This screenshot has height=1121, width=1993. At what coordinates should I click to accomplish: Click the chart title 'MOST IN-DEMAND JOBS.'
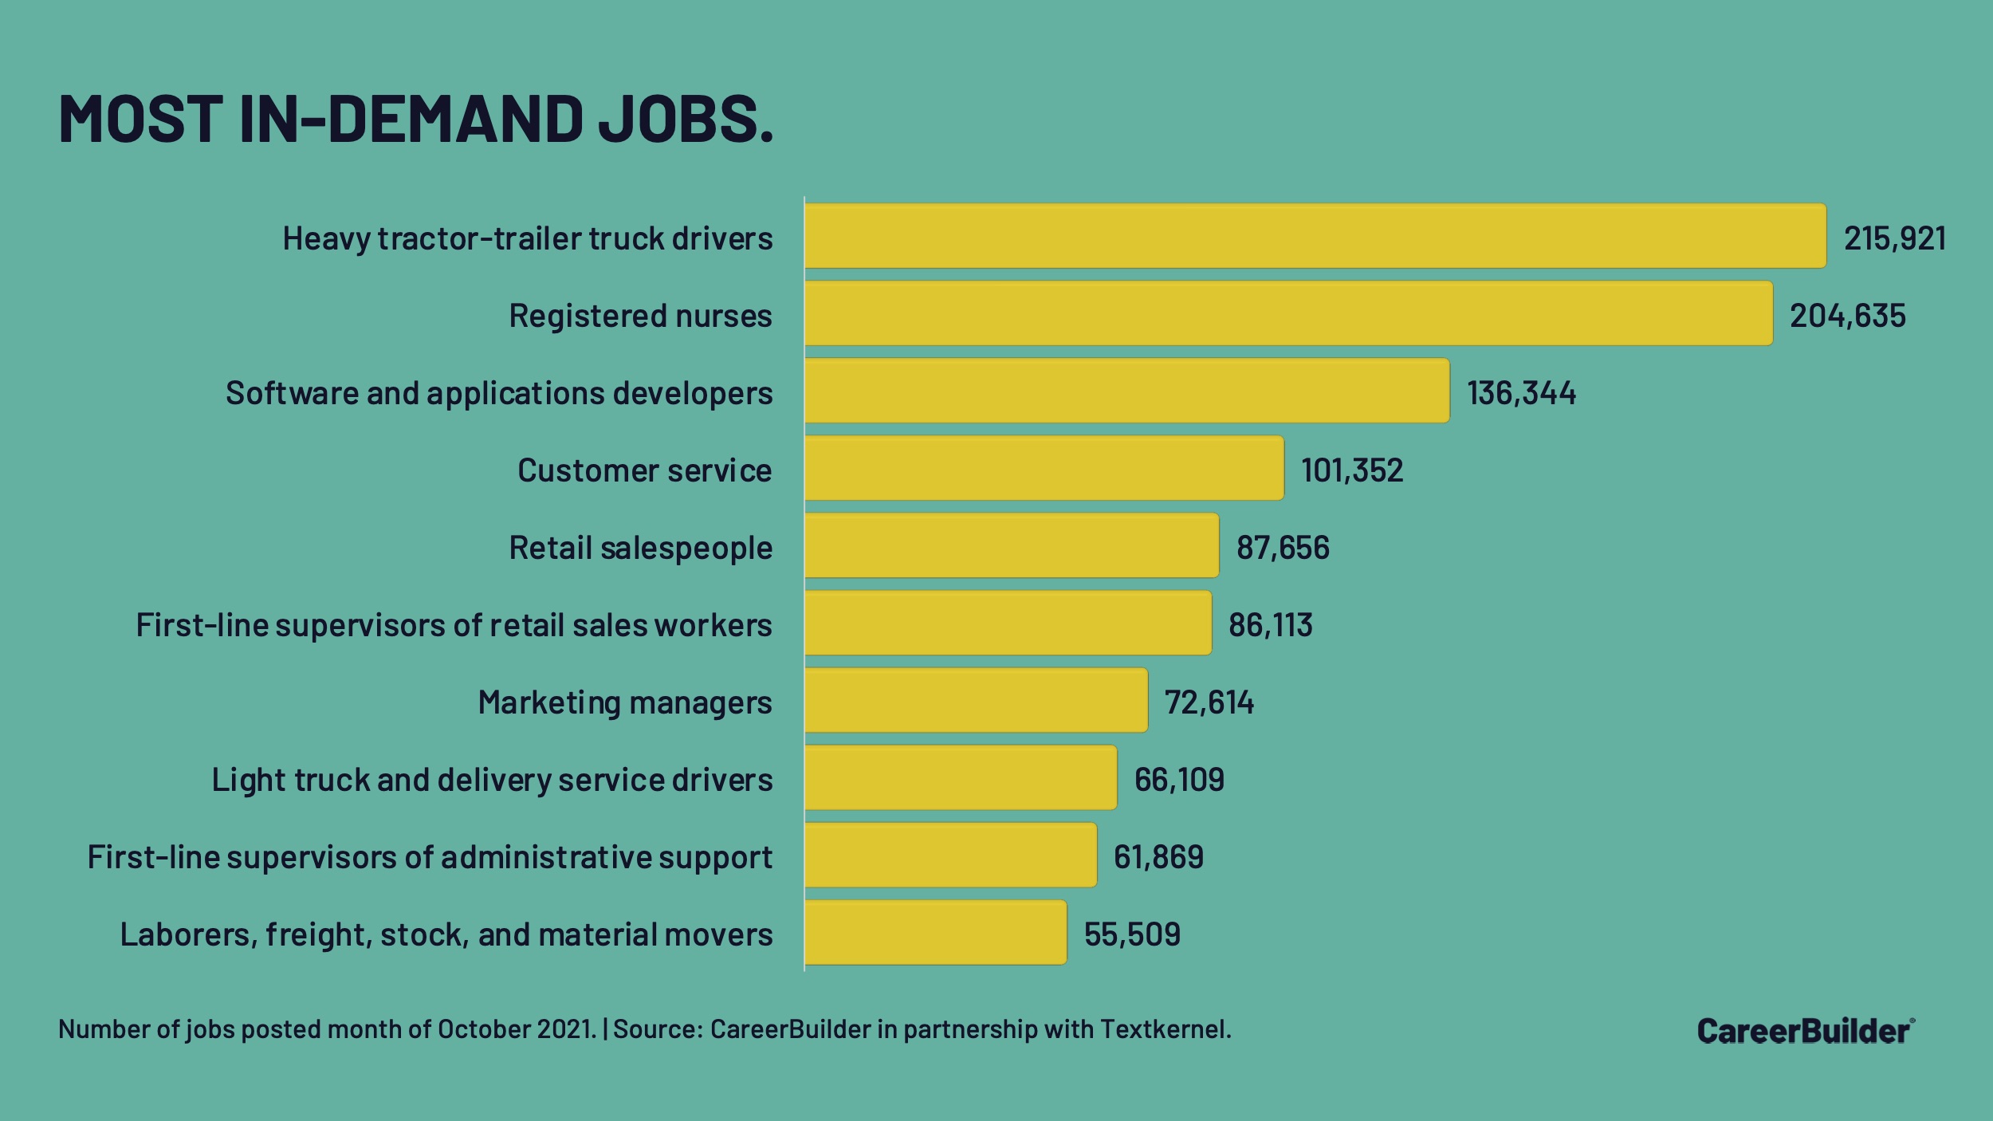415,120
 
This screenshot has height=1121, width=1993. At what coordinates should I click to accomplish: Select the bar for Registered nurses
1288,313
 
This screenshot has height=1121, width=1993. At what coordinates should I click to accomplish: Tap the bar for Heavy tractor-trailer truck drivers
1315,236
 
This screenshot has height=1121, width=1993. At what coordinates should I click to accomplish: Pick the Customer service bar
1044,468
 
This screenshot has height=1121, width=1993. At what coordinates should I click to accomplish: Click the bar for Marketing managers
976,700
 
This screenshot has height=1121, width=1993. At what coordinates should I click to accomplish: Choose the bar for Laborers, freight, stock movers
935,932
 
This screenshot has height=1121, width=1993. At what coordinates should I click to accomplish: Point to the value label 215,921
1894,238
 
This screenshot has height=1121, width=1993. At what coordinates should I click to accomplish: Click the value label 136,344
1521,393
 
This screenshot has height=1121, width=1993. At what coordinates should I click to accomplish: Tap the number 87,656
1283,548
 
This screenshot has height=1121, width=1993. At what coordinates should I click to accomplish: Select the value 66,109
1179,780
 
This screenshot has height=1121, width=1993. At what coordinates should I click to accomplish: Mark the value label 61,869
1158,857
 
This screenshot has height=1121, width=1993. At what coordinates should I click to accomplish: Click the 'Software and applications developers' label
499,393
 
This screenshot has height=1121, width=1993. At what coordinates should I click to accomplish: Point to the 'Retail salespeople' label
640,548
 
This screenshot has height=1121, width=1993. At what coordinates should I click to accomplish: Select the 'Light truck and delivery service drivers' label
492,780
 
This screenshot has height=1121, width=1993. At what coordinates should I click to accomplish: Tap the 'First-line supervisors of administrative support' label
430,857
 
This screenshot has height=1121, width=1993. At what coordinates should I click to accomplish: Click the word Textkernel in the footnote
1165,1029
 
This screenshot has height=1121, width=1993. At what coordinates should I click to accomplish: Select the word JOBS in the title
685,120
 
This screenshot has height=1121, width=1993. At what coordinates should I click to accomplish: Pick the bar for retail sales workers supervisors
1008,623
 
